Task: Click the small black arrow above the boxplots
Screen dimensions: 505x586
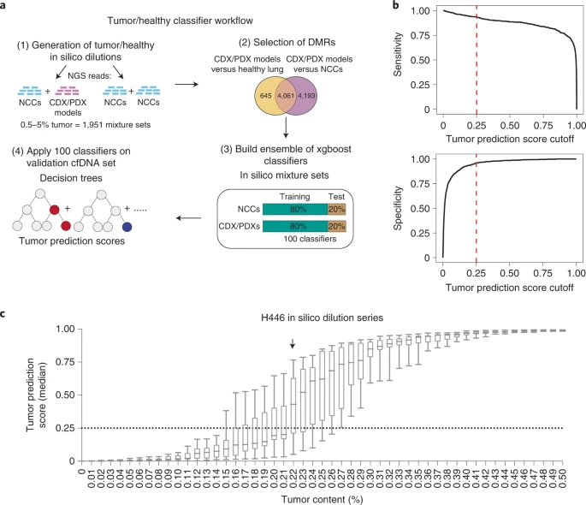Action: (293, 343)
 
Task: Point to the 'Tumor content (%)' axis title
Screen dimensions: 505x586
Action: (319, 497)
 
